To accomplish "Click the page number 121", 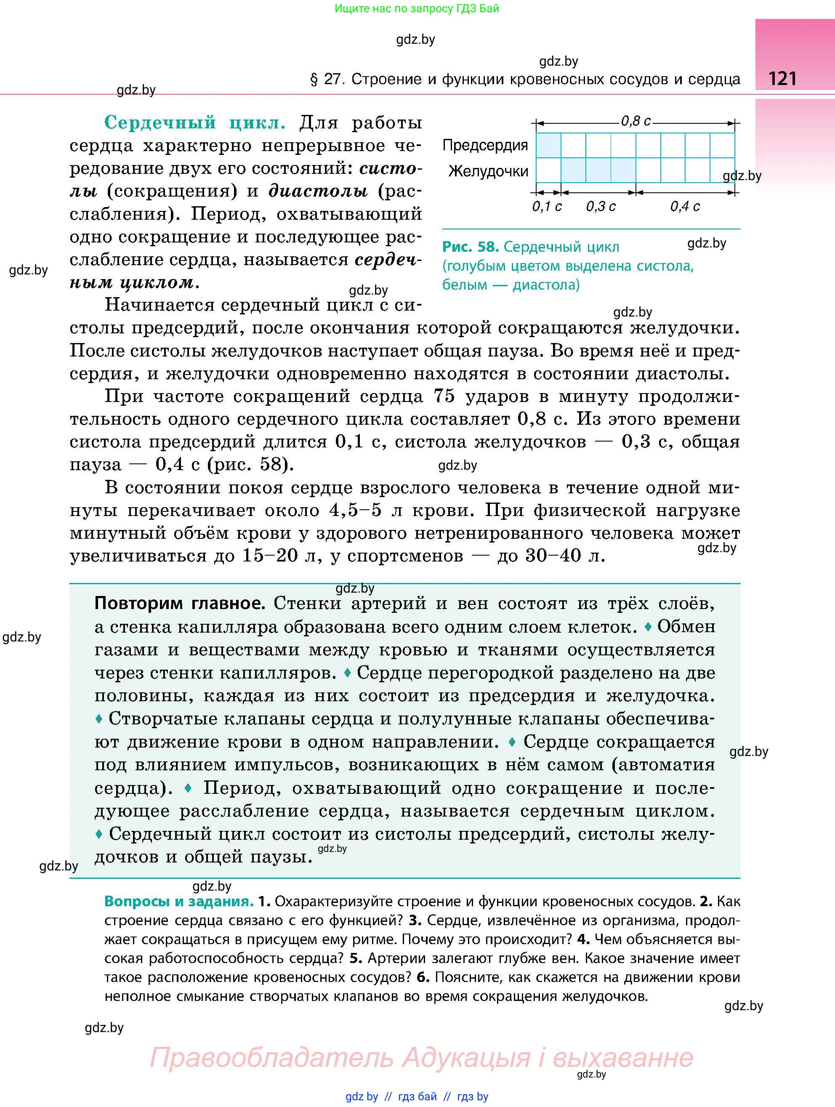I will click(782, 79).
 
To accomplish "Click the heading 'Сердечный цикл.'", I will click(194, 122).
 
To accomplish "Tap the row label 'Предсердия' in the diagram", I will click(485, 146).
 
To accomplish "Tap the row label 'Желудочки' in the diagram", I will click(488, 172).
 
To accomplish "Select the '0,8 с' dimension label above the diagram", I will click(636, 121).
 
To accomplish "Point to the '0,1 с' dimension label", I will click(546, 206).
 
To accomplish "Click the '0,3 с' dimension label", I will click(600, 206).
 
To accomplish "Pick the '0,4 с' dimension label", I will click(684, 206).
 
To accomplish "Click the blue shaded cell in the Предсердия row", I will click(548, 146).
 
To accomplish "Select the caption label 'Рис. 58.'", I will click(470, 247).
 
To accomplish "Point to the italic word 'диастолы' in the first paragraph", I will click(318, 191).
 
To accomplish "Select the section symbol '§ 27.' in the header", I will click(328, 80).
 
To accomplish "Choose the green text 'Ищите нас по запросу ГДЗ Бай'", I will click(417, 8).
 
